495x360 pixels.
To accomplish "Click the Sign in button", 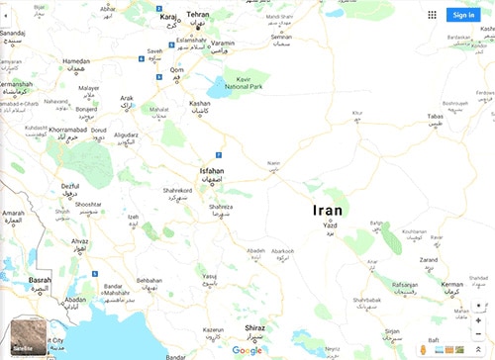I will click(x=462, y=15).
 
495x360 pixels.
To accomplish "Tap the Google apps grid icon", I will click(x=433, y=15).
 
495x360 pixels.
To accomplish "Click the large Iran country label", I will click(x=327, y=210).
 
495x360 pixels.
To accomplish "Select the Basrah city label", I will click(x=40, y=280).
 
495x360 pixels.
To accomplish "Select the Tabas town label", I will click(x=435, y=116).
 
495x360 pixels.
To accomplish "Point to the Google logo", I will click(x=247, y=350).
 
